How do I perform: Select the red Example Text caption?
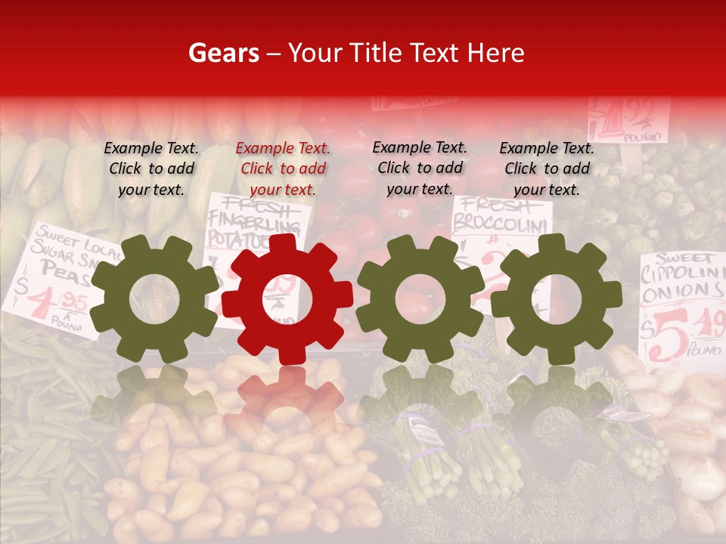[x=283, y=169]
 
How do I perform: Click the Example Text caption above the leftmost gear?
[x=151, y=168]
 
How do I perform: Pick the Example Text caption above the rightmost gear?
[x=547, y=168]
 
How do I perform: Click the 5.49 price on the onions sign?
[x=692, y=329]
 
